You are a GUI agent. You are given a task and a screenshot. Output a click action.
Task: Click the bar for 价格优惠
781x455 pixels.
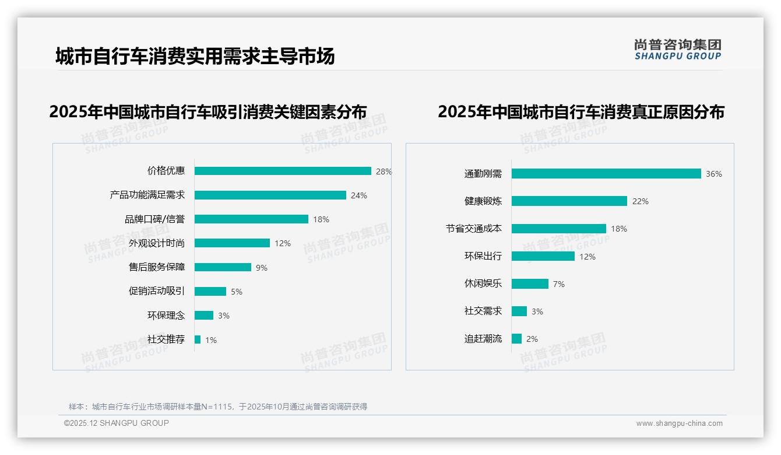(x=283, y=171)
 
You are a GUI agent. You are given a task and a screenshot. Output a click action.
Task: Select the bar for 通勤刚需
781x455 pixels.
(x=606, y=174)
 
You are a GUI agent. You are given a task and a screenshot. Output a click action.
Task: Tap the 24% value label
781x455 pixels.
(x=358, y=195)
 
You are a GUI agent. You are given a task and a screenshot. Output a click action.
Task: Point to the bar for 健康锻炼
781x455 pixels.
(x=569, y=201)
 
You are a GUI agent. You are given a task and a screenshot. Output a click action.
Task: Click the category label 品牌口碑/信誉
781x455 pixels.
(x=154, y=219)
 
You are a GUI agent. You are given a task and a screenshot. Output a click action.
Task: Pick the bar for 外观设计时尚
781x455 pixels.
(x=232, y=243)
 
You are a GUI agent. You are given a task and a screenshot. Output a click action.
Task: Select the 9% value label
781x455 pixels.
(x=261, y=268)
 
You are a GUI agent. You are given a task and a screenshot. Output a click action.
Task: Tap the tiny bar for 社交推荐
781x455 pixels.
(x=198, y=339)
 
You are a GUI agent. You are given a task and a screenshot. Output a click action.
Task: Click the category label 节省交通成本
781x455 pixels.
(x=473, y=229)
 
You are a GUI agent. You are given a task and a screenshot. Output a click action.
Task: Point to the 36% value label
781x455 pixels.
(x=713, y=174)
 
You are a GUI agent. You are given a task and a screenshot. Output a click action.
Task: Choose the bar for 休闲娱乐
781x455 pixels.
(x=530, y=283)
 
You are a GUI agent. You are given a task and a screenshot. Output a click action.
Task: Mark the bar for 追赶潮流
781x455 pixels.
(x=516, y=338)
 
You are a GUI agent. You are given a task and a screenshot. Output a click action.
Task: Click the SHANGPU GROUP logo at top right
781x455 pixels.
(x=677, y=50)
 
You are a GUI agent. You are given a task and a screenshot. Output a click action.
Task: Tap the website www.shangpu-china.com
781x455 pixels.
(x=679, y=423)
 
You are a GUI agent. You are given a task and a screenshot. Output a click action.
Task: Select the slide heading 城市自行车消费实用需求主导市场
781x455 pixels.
(x=195, y=57)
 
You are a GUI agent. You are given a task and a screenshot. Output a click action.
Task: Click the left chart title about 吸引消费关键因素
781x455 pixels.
(x=207, y=111)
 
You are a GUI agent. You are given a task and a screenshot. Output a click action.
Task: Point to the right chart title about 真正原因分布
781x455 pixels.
(x=581, y=111)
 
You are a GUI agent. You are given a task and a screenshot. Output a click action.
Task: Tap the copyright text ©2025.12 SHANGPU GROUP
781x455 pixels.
(x=116, y=423)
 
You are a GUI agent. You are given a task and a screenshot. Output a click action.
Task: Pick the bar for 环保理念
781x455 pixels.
(x=204, y=316)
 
